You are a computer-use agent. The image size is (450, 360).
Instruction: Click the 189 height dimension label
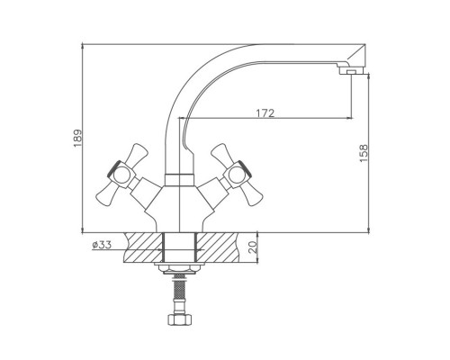77,139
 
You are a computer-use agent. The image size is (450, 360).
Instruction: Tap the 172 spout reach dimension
265,113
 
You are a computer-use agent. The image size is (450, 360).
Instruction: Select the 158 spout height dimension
364,153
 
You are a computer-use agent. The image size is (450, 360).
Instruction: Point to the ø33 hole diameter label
102,245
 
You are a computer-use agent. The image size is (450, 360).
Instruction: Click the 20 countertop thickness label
253,247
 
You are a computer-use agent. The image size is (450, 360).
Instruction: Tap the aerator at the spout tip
351,71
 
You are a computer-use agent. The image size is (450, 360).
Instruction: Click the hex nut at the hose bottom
179,319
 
